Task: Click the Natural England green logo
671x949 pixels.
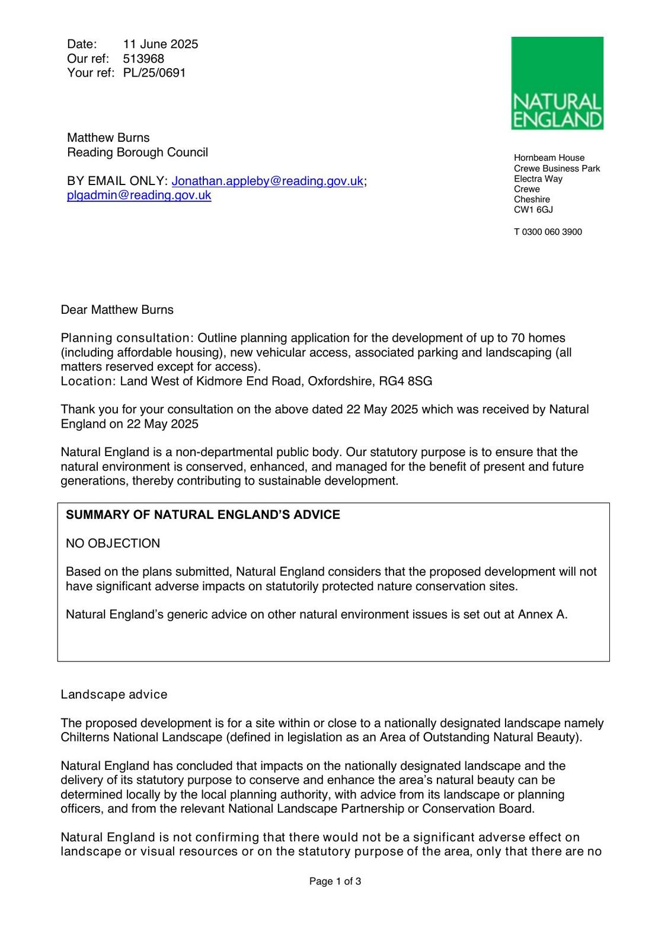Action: [557, 83]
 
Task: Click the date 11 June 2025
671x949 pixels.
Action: [161, 44]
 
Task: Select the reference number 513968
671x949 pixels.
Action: [143, 59]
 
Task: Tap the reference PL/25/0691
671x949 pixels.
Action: [154, 73]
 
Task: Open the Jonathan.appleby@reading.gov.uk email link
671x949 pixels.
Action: [267, 181]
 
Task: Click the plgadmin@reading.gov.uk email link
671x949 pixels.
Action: [139, 195]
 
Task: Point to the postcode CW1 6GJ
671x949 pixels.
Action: [533, 210]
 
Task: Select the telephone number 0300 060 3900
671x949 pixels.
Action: [552, 232]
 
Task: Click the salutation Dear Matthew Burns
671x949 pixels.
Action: [117, 310]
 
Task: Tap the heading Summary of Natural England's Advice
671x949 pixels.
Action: [203, 515]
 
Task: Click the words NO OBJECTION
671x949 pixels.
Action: [113, 543]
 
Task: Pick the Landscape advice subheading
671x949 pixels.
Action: [114, 695]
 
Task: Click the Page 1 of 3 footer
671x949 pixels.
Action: [335, 881]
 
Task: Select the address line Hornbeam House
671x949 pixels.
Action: [549, 158]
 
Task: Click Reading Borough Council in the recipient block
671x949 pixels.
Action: [138, 152]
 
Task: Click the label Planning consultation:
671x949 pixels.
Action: [127, 338]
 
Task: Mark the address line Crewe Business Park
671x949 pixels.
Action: [557, 168]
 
